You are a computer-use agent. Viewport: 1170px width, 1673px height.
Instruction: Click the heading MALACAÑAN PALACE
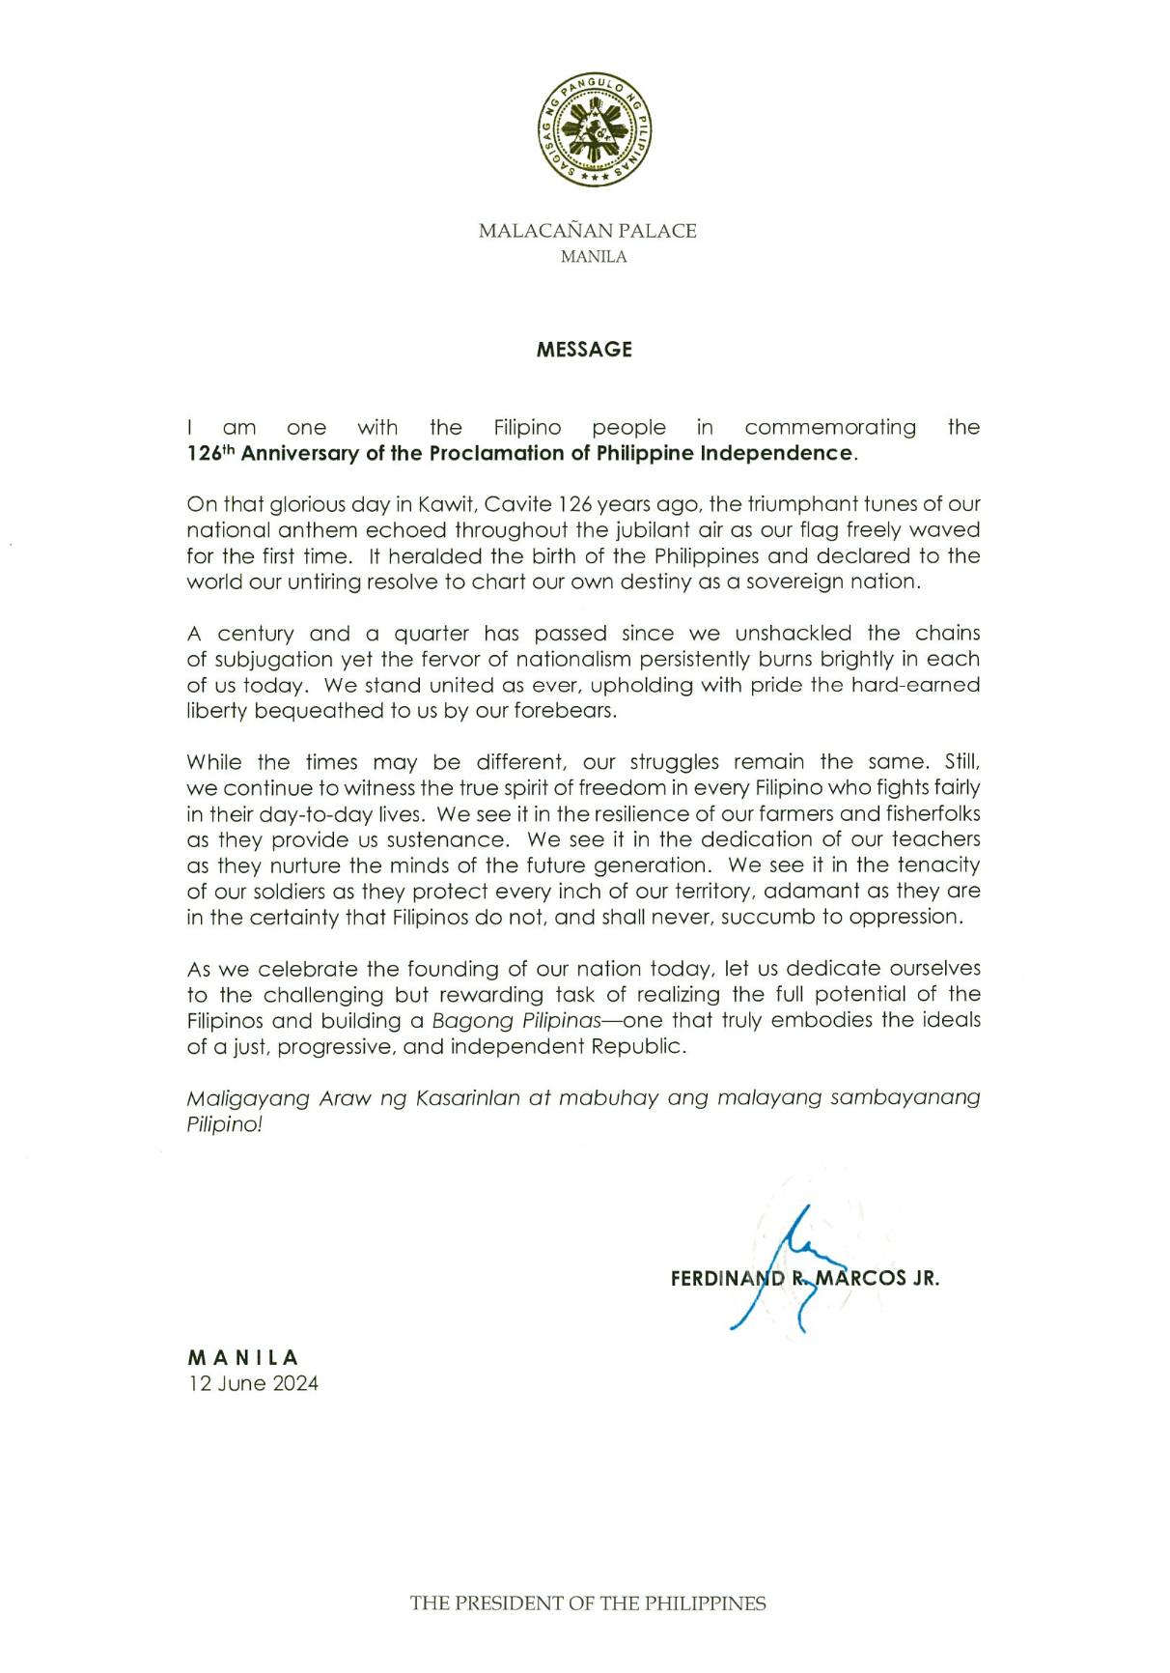587,231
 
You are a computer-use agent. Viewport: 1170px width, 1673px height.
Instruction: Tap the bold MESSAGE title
584,350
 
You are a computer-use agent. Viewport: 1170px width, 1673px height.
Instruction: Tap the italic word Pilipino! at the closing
224,1125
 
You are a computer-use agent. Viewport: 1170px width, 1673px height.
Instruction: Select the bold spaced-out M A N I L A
243,1357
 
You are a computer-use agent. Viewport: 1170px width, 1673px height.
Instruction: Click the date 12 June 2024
253,1383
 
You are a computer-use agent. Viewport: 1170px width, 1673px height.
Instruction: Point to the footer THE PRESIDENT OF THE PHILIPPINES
587,1604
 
